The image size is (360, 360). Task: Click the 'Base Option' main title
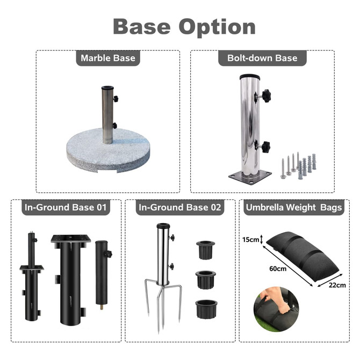click(x=184, y=26)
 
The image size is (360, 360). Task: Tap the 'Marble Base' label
click(x=108, y=57)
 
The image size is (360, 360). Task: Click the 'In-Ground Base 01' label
click(x=66, y=207)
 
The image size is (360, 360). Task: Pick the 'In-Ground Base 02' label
click(x=179, y=207)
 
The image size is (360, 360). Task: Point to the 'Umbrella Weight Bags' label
click(x=293, y=207)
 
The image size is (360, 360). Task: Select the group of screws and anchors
click(x=298, y=165)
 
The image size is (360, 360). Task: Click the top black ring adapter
click(x=205, y=250)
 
